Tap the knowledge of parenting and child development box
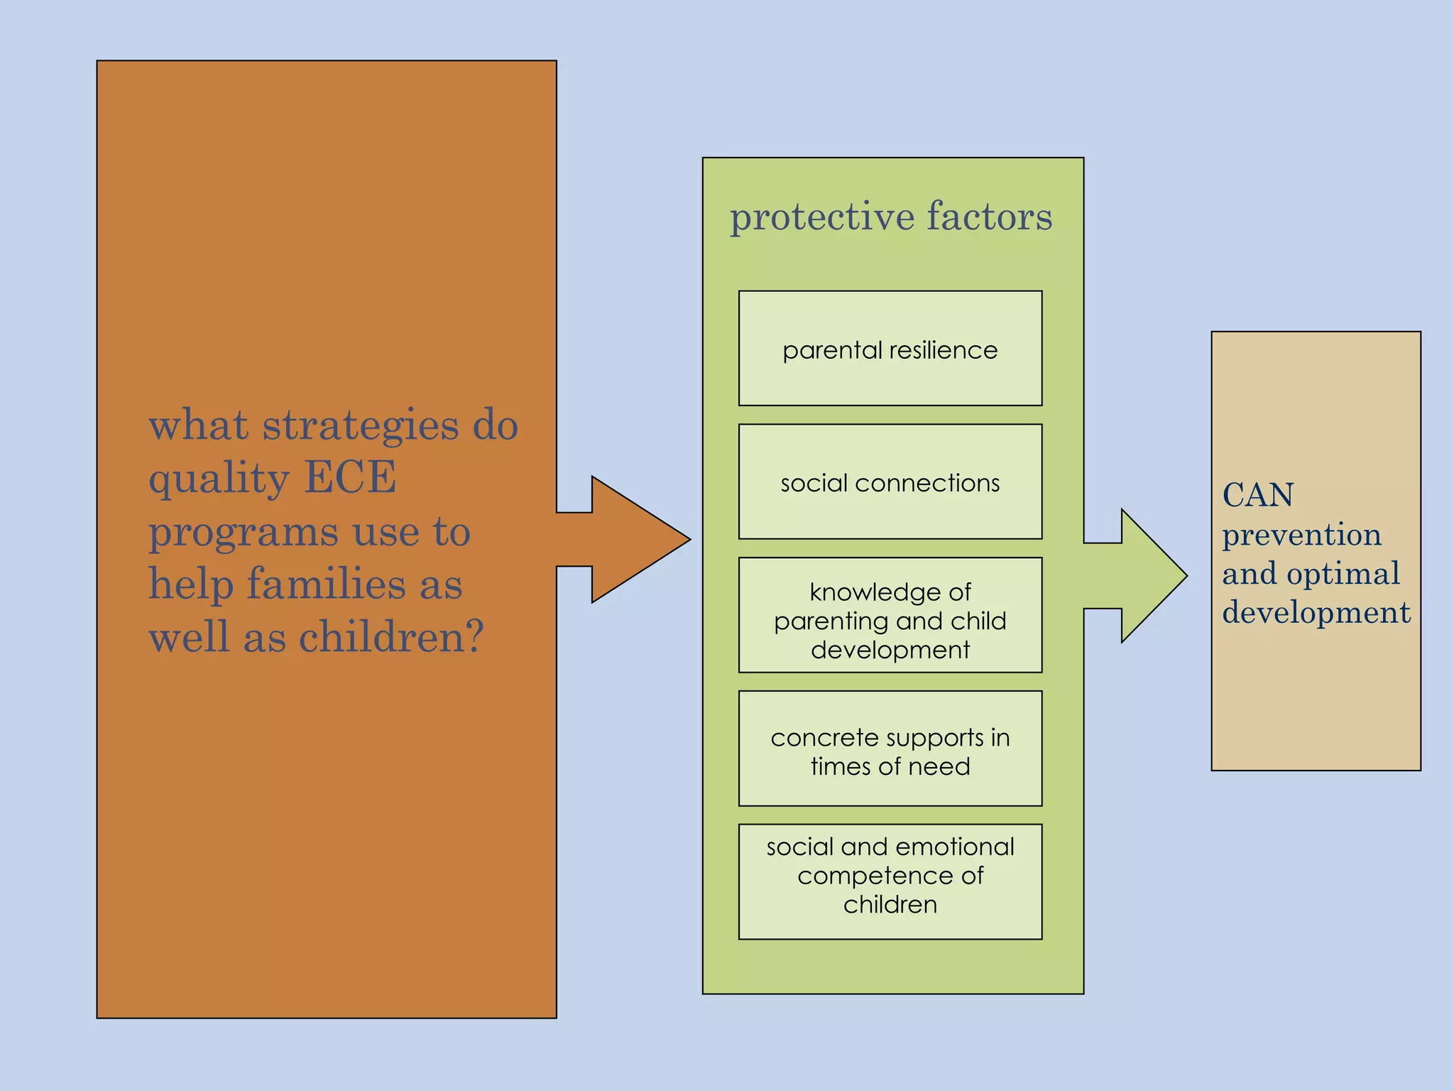point(890,614)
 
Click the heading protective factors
point(891,216)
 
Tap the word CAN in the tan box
point(1257,495)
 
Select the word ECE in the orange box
point(350,477)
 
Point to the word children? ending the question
point(391,636)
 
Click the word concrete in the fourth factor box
point(816,738)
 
